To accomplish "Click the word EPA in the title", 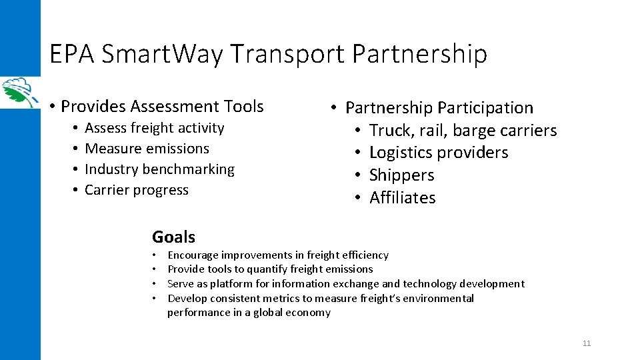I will point(72,55).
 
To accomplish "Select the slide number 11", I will point(587,343).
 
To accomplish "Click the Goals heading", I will point(173,237).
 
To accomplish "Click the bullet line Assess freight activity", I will point(155,128).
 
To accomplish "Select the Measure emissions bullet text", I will point(147,149).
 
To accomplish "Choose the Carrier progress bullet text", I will point(137,190).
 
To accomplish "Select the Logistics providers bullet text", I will point(439,153).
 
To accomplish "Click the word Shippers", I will point(401,175).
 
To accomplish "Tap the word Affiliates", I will point(402,198).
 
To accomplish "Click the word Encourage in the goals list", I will point(193,255).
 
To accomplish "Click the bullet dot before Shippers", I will point(358,175).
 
